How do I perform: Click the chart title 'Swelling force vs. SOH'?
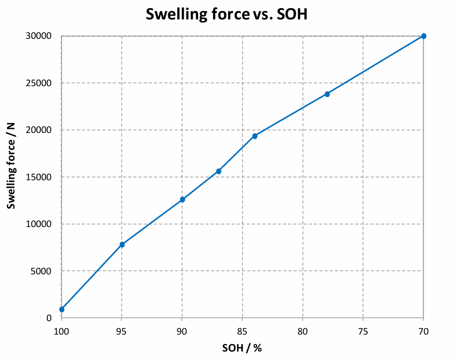click(x=227, y=14)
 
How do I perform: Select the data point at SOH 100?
click(x=62, y=309)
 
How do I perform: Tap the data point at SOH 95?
click(x=122, y=244)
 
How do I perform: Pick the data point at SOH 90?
click(x=182, y=200)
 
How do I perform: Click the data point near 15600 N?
click(x=219, y=171)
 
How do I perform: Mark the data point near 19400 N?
click(x=255, y=136)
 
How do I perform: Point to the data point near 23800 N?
click(x=327, y=94)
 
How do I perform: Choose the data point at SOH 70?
click(x=424, y=36)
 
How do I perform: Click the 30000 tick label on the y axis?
click(x=39, y=36)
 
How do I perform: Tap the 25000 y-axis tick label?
click(x=39, y=83)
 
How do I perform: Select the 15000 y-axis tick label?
click(x=39, y=177)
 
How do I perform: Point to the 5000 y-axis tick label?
click(x=42, y=271)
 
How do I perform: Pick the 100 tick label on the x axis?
click(x=62, y=330)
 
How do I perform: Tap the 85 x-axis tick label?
click(x=242, y=330)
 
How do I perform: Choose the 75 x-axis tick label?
click(x=363, y=330)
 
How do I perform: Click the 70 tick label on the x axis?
click(x=423, y=330)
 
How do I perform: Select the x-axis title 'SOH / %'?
click(x=242, y=348)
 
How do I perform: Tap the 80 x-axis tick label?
click(x=303, y=330)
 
